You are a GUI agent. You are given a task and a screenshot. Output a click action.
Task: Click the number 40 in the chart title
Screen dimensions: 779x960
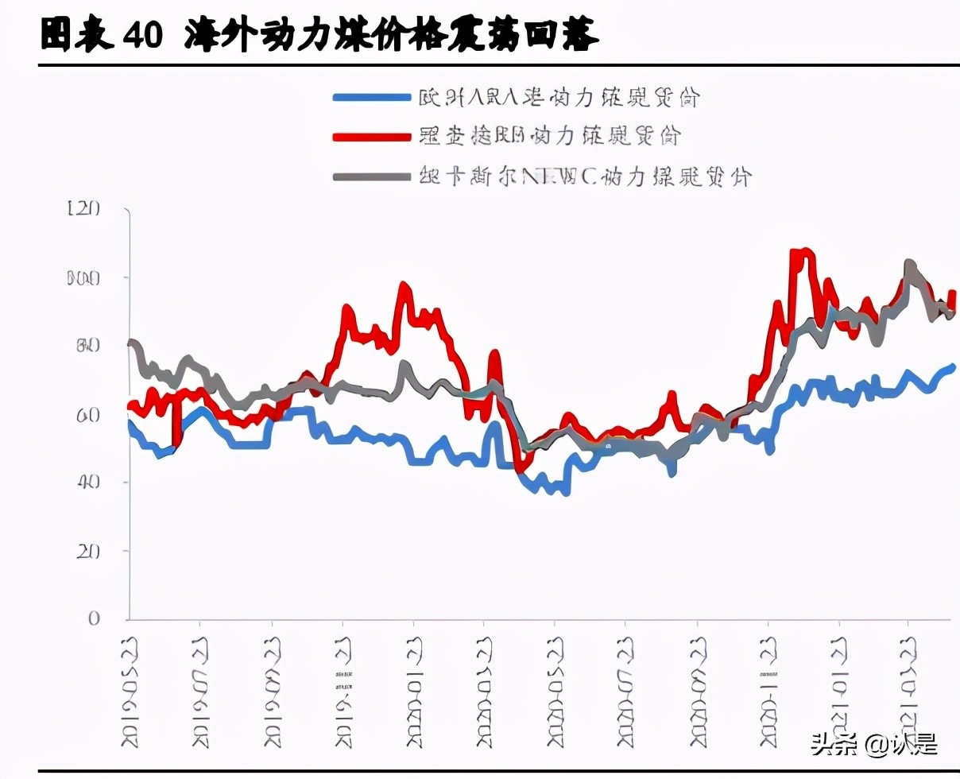coord(142,35)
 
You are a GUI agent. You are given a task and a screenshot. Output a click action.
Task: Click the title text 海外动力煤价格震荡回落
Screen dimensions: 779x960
coord(390,35)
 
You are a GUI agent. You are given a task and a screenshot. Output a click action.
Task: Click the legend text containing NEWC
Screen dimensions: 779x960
coord(584,176)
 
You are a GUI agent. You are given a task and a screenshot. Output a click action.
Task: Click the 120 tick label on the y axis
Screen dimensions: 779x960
coord(85,208)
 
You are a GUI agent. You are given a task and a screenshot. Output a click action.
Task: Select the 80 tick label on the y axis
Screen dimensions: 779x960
coord(88,346)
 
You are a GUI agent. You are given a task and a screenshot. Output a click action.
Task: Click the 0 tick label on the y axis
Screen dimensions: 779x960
coord(94,618)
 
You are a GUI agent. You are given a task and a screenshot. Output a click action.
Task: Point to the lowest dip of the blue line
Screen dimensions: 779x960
coord(565,493)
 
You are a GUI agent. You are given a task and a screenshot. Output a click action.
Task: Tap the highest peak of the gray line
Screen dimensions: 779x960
coord(909,263)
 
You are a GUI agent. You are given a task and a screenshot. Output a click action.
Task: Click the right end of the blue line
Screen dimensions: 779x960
coord(953,366)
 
